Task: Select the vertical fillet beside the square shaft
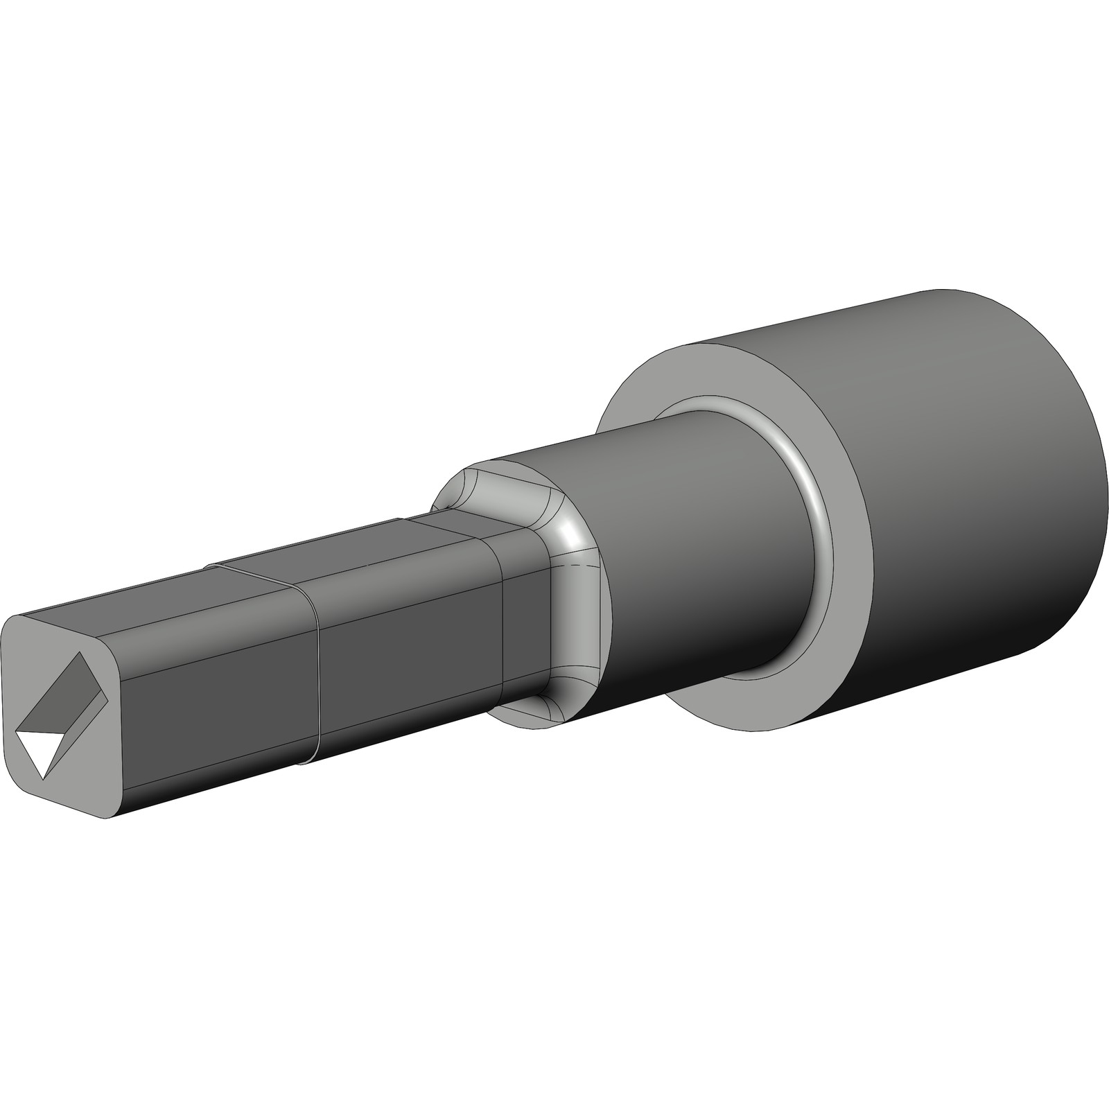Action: tap(575, 624)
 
